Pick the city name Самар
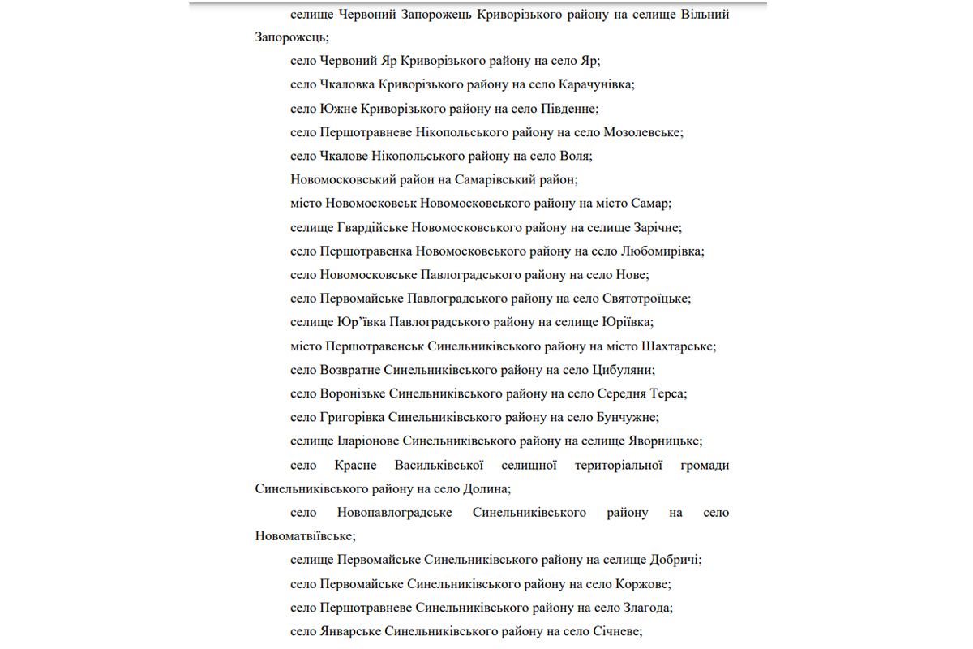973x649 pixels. coord(652,204)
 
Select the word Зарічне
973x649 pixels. coord(657,227)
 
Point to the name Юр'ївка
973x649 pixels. coord(358,322)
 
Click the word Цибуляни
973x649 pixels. coord(620,370)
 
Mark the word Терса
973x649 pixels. coord(668,393)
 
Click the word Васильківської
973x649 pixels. coord(439,466)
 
